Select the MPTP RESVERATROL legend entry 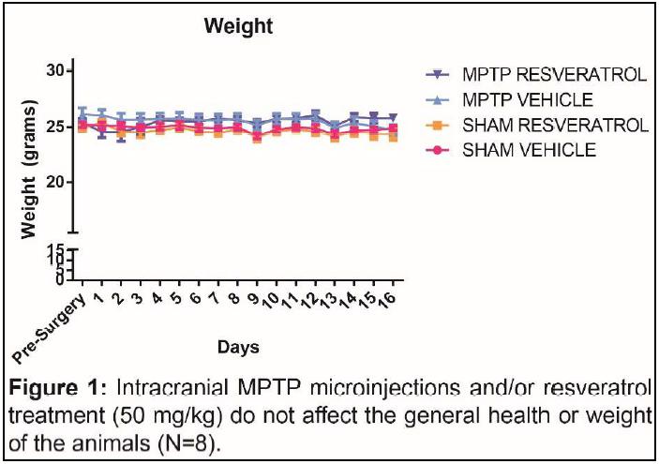[x=553, y=75]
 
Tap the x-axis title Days [x=238, y=347]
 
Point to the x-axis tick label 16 [x=386, y=297]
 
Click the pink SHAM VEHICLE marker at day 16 [x=393, y=128]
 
